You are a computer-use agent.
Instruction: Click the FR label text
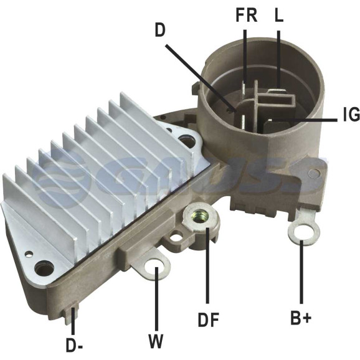(x=247, y=16)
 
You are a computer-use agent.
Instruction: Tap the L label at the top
(x=279, y=16)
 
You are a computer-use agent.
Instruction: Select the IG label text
(x=351, y=114)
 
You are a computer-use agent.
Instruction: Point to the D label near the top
(x=160, y=30)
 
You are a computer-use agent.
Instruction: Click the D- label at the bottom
(x=74, y=345)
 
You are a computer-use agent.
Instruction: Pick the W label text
(x=156, y=341)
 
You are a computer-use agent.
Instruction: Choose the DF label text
(x=209, y=320)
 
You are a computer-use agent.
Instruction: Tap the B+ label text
(x=301, y=318)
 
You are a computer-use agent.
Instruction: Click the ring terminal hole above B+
(x=303, y=231)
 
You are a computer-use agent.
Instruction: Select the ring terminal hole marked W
(x=154, y=267)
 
